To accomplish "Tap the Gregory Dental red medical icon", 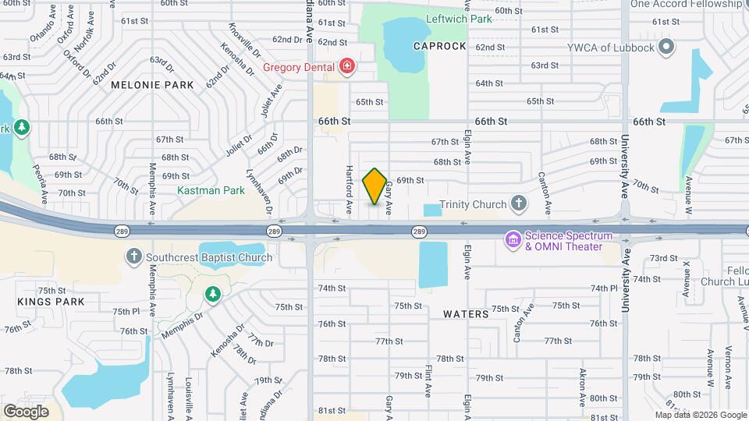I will point(347,67).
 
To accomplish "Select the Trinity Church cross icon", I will point(518,204).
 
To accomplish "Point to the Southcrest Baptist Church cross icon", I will point(134,256).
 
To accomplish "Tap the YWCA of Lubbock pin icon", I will point(666,48).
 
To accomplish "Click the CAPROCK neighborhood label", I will point(440,46).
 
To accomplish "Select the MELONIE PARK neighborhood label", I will point(151,84).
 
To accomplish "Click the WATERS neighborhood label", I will point(466,314).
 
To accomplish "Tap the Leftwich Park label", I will point(459,19).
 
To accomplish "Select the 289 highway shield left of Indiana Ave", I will point(273,231).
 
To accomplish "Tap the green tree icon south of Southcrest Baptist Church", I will point(211,294).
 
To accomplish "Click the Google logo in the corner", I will point(26,411).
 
